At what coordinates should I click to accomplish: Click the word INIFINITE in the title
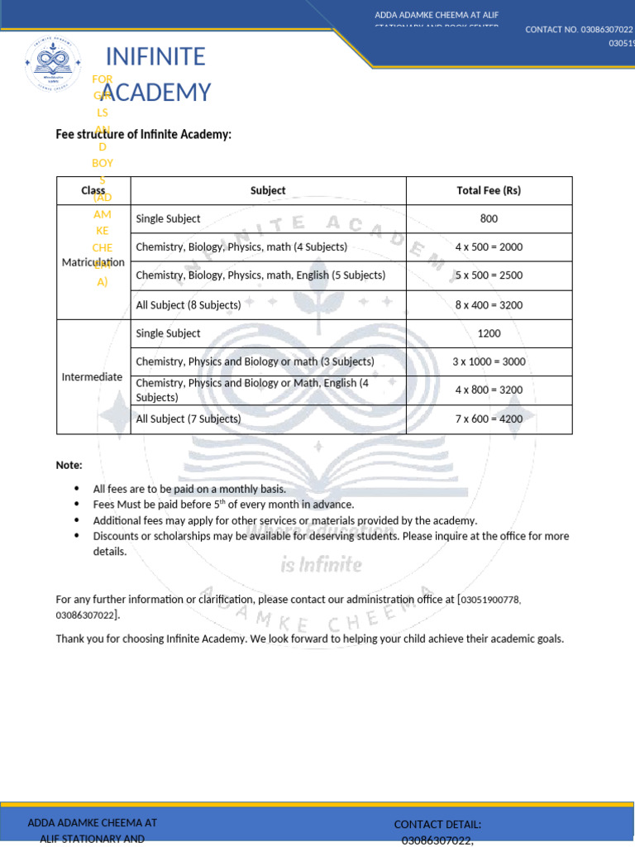(155, 57)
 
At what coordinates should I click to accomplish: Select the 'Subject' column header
(268, 190)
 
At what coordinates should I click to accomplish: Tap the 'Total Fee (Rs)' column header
(489, 190)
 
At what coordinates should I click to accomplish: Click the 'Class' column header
(93, 190)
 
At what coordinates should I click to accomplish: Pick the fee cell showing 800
(489, 219)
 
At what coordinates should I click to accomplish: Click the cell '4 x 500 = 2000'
(489, 247)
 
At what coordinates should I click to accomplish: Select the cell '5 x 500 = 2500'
(489, 275)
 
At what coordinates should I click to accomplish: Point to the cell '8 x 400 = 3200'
(489, 304)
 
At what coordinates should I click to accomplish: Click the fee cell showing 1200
(489, 333)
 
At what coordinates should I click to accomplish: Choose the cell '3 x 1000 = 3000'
(489, 361)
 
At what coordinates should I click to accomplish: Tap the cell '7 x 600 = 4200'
(489, 419)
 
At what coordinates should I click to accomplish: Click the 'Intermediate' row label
(93, 376)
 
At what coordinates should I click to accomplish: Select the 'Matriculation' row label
(93, 262)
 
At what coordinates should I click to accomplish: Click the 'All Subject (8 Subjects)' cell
(189, 305)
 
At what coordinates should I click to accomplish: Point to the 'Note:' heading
(69, 466)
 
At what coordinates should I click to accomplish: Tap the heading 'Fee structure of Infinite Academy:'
(143, 134)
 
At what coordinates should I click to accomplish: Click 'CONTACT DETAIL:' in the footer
(437, 824)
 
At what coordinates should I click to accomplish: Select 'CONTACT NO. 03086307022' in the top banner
(579, 30)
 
